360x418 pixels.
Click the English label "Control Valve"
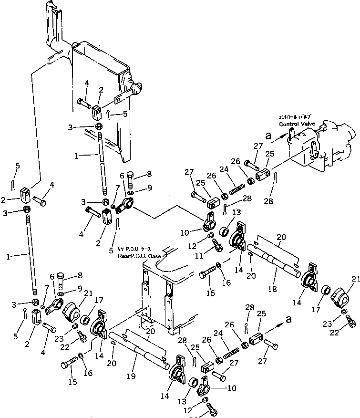[x=296, y=124]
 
